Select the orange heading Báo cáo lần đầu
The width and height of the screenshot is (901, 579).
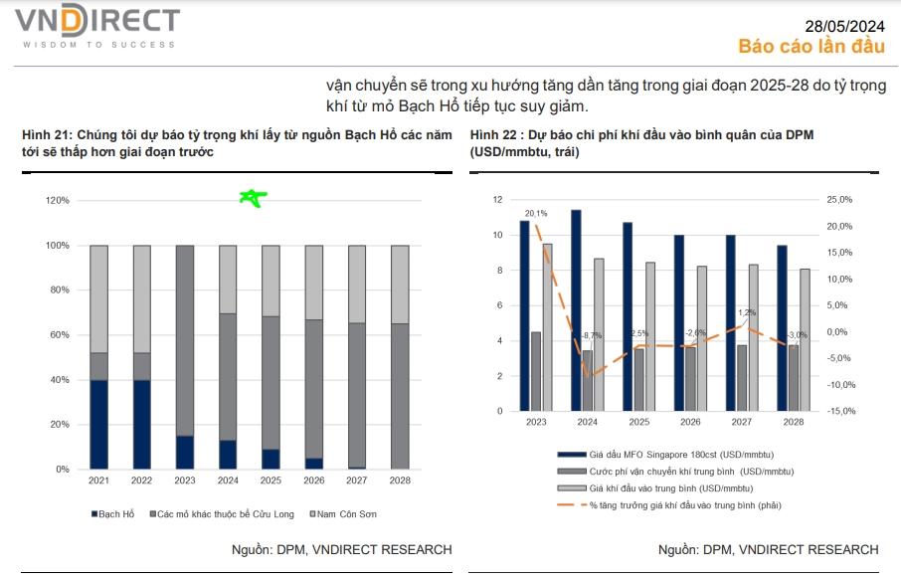click(x=811, y=47)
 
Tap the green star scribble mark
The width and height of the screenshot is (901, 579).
click(x=253, y=198)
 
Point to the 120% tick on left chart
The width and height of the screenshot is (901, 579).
click(x=58, y=201)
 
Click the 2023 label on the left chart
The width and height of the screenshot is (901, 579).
click(x=184, y=481)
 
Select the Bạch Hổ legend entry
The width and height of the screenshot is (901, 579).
click(x=116, y=514)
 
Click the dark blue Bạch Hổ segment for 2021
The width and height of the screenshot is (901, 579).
click(x=98, y=424)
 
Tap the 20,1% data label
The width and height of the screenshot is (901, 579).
click(x=536, y=213)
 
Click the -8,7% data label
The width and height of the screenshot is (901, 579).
click(x=591, y=335)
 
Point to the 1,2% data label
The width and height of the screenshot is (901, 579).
click(x=747, y=312)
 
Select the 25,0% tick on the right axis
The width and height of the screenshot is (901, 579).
click(x=840, y=200)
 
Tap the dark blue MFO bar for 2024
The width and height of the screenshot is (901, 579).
click(x=576, y=310)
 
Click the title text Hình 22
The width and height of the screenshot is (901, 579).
click(x=494, y=134)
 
